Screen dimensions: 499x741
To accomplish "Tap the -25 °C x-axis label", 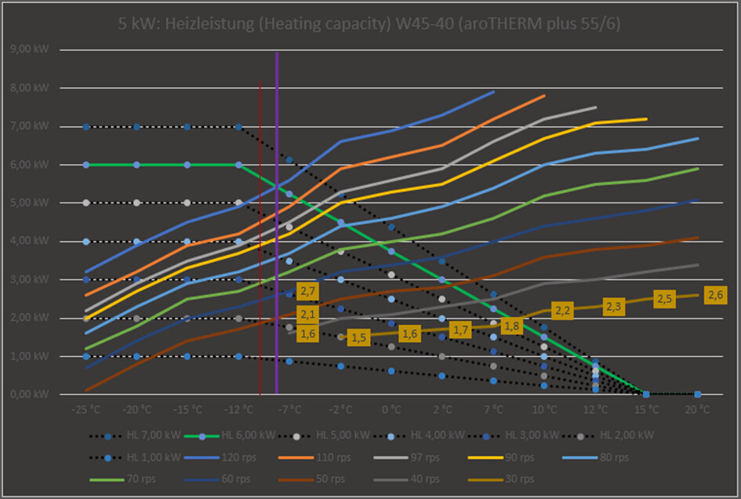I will (x=85, y=410).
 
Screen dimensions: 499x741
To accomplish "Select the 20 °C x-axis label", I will (x=697, y=410).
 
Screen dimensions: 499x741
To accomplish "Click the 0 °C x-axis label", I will (x=391, y=410).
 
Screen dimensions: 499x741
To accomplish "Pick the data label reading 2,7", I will (x=307, y=292).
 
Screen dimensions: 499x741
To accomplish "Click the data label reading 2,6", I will (x=715, y=295).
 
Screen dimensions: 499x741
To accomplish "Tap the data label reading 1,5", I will (x=358, y=337).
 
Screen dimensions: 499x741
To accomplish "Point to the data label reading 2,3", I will (x=613, y=307).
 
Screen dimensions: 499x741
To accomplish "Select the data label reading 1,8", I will (x=511, y=326).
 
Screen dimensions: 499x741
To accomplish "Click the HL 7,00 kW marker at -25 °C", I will (x=86, y=126).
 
